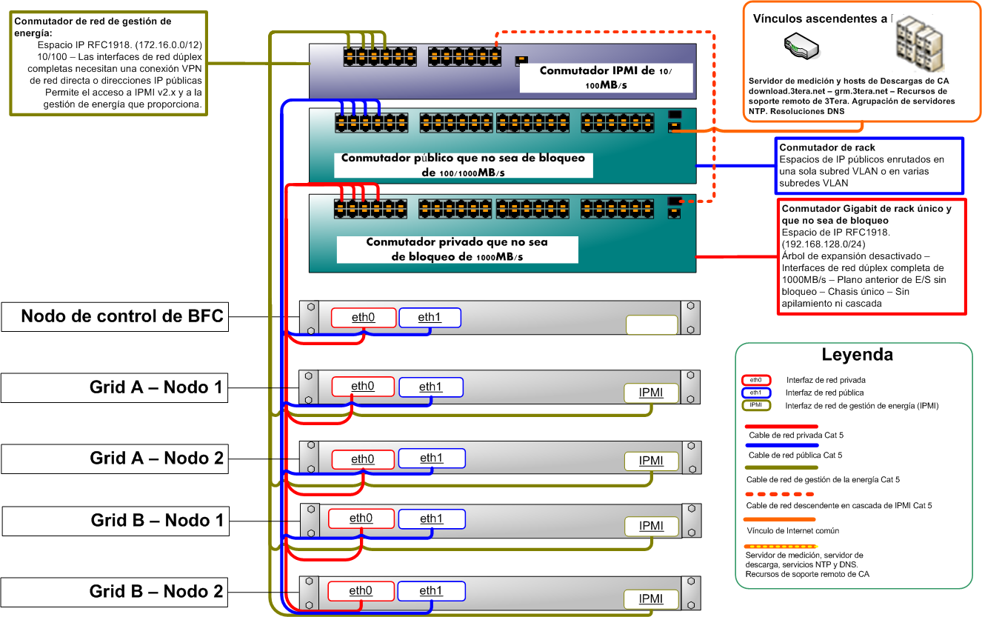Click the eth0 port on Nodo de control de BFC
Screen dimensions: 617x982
[363, 318]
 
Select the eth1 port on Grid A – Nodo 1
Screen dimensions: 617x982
[430, 387]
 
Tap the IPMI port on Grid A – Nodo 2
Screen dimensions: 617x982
[651, 461]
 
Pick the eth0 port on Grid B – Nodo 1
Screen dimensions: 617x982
[361, 518]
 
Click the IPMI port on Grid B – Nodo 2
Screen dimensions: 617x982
[651, 599]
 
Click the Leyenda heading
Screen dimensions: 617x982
[857, 355]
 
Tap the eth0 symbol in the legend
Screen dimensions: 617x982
[755, 380]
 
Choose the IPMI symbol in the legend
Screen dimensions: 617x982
[755, 405]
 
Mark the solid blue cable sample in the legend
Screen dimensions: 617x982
[781, 446]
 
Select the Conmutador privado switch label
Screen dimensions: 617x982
[456, 250]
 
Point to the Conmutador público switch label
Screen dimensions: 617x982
[463, 165]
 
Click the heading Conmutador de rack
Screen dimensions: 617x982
[817, 148]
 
